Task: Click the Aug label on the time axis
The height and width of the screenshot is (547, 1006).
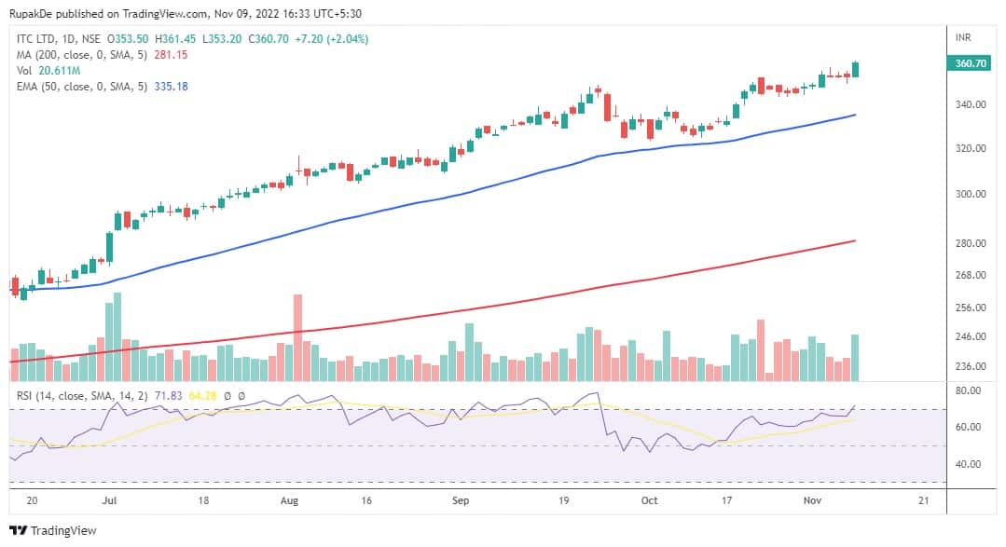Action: point(290,500)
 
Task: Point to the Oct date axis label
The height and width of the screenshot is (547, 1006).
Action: point(649,500)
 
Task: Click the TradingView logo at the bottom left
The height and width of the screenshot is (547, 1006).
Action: point(53,531)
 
